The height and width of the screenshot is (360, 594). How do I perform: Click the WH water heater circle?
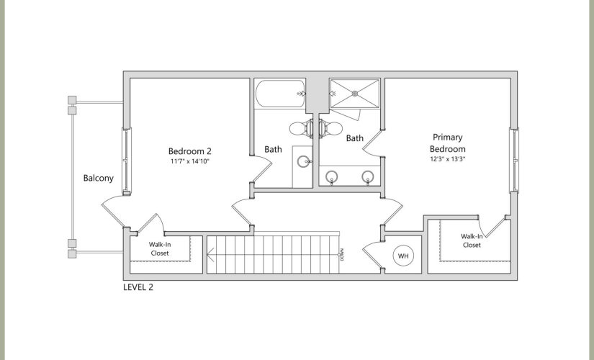coord(403,256)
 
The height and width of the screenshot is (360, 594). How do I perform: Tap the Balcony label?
coord(99,178)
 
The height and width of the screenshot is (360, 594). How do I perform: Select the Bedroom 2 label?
coord(190,151)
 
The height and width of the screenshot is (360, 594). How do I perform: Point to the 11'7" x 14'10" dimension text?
coord(190,161)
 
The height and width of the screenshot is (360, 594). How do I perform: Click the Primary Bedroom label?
coord(447,143)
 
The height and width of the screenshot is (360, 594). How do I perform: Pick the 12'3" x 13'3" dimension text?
coord(447,159)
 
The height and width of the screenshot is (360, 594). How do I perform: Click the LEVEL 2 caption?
coord(138,287)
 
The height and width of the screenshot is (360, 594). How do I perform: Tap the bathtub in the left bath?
coord(281,94)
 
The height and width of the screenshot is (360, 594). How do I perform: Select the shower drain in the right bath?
coord(355,93)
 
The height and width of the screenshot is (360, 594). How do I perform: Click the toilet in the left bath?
coord(301,128)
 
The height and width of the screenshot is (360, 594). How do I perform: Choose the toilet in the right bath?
coord(330,128)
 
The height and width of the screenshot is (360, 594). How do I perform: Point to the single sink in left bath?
coord(304,162)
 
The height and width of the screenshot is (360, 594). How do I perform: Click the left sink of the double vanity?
coord(332,176)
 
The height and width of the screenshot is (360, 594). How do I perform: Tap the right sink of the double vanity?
coord(368,176)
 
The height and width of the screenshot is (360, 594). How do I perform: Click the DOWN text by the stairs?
coord(342,255)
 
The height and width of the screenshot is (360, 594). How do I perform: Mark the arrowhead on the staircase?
coord(211,255)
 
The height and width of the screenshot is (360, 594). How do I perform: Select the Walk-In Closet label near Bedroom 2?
coord(160,249)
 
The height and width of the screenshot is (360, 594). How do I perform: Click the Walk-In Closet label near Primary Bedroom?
coord(472,240)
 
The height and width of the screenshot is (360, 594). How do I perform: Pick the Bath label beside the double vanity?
coord(355,138)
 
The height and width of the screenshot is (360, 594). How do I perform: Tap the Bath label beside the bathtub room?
coord(273,150)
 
